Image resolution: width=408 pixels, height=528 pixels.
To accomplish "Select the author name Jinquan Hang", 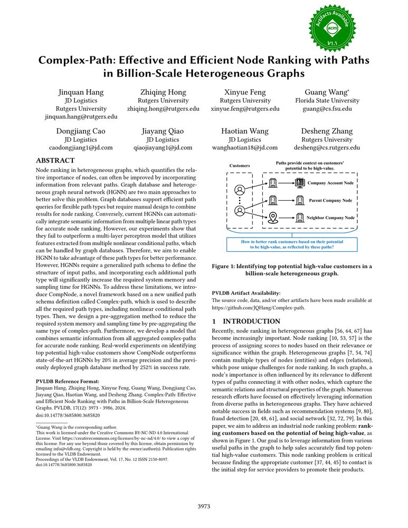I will pyautogui.click(x=81, y=92).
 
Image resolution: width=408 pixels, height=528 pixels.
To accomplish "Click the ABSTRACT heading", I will pyautogui.click(x=55, y=160).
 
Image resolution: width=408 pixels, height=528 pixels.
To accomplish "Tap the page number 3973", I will pyautogui.click(x=204, y=506).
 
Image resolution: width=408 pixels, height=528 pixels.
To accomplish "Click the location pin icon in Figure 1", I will pyautogui.click(x=273, y=217).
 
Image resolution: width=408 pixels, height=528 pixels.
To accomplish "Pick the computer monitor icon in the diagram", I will pyautogui.click(x=300, y=183).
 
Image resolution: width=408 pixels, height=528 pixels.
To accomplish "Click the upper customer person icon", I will pyautogui.click(x=240, y=190).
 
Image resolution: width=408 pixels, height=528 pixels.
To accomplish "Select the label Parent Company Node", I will pyautogui.click(x=330, y=201).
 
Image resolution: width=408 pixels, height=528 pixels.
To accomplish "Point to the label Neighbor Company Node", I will pyautogui.click(x=331, y=218).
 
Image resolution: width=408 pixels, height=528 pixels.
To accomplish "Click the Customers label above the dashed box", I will pyautogui.click(x=240, y=166).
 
